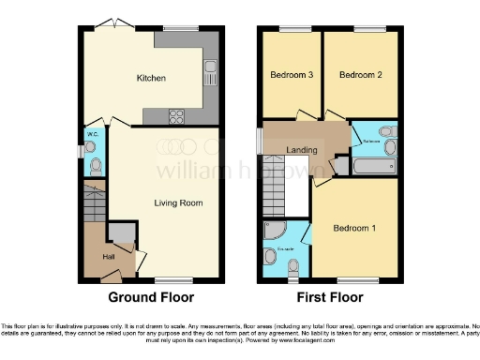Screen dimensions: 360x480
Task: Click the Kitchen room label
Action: pyautogui.click(x=151, y=78)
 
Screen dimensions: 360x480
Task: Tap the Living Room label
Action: pyautogui.click(x=179, y=202)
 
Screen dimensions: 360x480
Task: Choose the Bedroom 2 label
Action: pyautogui.click(x=358, y=74)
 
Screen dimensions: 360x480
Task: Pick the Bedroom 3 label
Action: pyautogui.click(x=291, y=74)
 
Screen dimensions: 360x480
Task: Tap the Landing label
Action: pyautogui.click(x=301, y=150)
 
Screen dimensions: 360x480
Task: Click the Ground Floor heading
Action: pyautogui.click(x=151, y=297)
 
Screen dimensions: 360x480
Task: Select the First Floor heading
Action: pyautogui.click(x=329, y=297)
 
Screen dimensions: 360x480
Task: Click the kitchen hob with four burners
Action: pyautogui.click(x=174, y=115)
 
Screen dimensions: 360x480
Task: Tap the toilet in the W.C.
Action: pyautogui.click(x=95, y=166)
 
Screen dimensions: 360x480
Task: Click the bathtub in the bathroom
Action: pyautogui.click(x=379, y=170)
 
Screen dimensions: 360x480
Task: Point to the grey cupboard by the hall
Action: pyautogui.click(x=119, y=232)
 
